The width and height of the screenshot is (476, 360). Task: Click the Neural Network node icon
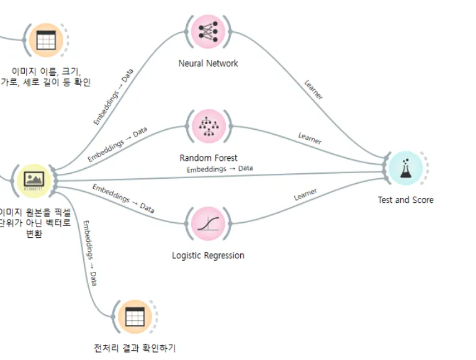pyautogui.click(x=208, y=31)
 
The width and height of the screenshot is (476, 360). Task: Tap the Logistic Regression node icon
pyautogui.click(x=208, y=223)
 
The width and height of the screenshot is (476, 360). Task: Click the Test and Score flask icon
pyautogui.click(x=406, y=168)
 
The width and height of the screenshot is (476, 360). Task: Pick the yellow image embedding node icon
pyautogui.click(x=34, y=180)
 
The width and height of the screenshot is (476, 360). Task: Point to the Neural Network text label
pyautogui.click(x=208, y=63)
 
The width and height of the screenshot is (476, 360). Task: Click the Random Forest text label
pyautogui.click(x=209, y=158)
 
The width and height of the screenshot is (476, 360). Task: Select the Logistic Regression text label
pyautogui.click(x=208, y=255)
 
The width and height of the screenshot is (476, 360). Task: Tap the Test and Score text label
pyautogui.click(x=406, y=200)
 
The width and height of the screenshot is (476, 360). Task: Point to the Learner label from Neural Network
pyautogui.click(x=313, y=89)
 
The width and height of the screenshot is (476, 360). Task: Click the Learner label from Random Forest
pyautogui.click(x=310, y=138)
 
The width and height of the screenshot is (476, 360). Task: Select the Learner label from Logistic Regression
pyautogui.click(x=305, y=195)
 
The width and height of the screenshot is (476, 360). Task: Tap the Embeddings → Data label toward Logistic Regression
pyautogui.click(x=123, y=198)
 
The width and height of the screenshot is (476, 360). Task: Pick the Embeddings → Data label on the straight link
pyautogui.click(x=220, y=169)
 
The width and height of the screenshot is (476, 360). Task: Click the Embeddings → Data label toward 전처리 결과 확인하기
pyautogui.click(x=90, y=253)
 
